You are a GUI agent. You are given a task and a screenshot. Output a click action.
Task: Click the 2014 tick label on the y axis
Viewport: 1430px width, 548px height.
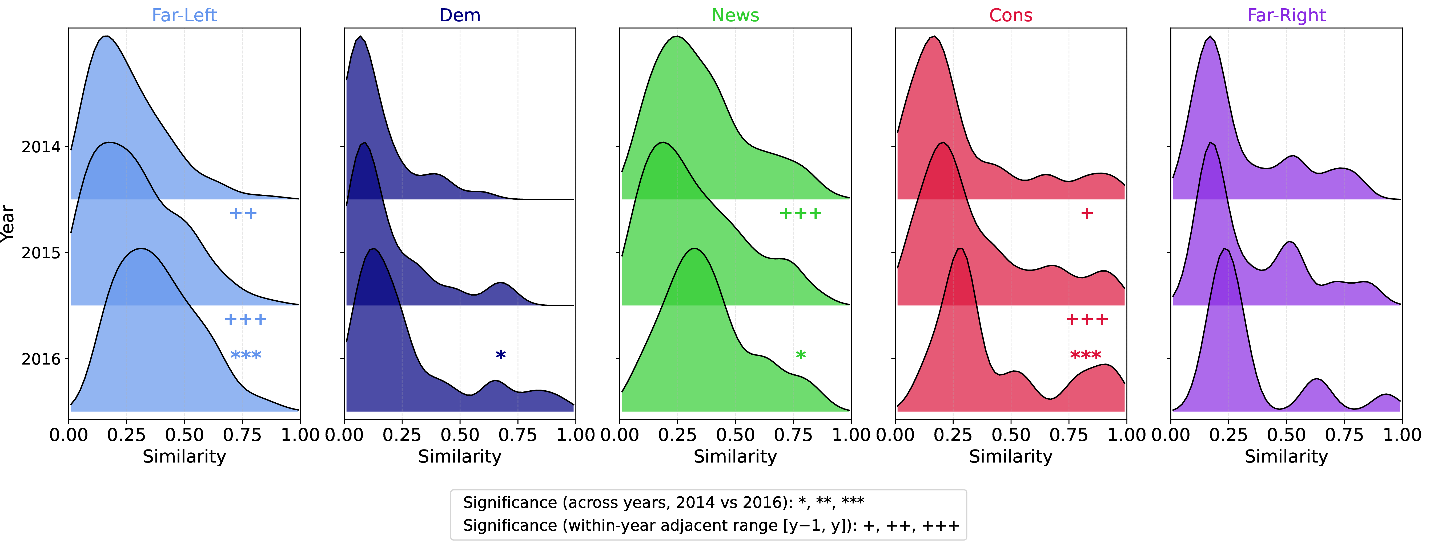(x=41, y=147)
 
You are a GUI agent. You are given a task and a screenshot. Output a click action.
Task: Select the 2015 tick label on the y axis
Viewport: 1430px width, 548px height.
(x=41, y=253)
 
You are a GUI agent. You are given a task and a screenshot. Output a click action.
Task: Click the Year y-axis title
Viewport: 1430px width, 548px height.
(x=8, y=223)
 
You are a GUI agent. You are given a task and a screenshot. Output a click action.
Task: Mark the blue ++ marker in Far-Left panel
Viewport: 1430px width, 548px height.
(x=243, y=214)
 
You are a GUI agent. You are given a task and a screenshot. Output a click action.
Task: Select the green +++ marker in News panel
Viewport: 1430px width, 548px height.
(x=801, y=214)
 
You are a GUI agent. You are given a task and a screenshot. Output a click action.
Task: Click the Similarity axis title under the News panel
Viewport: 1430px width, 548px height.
(x=735, y=456)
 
